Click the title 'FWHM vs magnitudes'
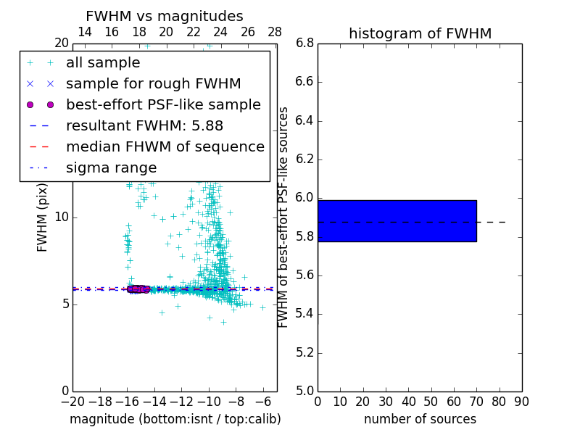pyautogui.click(x=164, y=16)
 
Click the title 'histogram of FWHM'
pyautogui.click(x=420, y=33)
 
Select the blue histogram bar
pyautogui.click(x=397, y=220)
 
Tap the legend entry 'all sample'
pyautogui.click(x=103, y=63)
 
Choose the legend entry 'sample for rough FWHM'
pyautogui.click(x=153, y=84)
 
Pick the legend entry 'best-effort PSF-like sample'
pyautogui.click(x=163, y=105)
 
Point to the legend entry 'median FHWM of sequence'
pyautogui.click(x=165, y=147)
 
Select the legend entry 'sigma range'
pyautogui.click(x=111, y=168)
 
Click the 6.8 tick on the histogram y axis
pyautogui.click(x=304, y=43)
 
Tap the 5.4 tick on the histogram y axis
pyautogui.click(x=304, y=314)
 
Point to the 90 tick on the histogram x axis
pyautogui.click(x=521, y=402)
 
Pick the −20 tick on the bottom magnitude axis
pyautogui.click(x=72, y=402)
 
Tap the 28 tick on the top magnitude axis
pyautogui.click(x=275, y=32)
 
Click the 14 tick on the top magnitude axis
pyautogui.click(x=84, y=32)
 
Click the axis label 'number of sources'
pyautogui.click(x=420, y=419)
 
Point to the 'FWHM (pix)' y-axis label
pyautogui.click(x=43, y=217)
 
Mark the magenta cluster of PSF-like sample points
pyautogui.click(x=138, y=289)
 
